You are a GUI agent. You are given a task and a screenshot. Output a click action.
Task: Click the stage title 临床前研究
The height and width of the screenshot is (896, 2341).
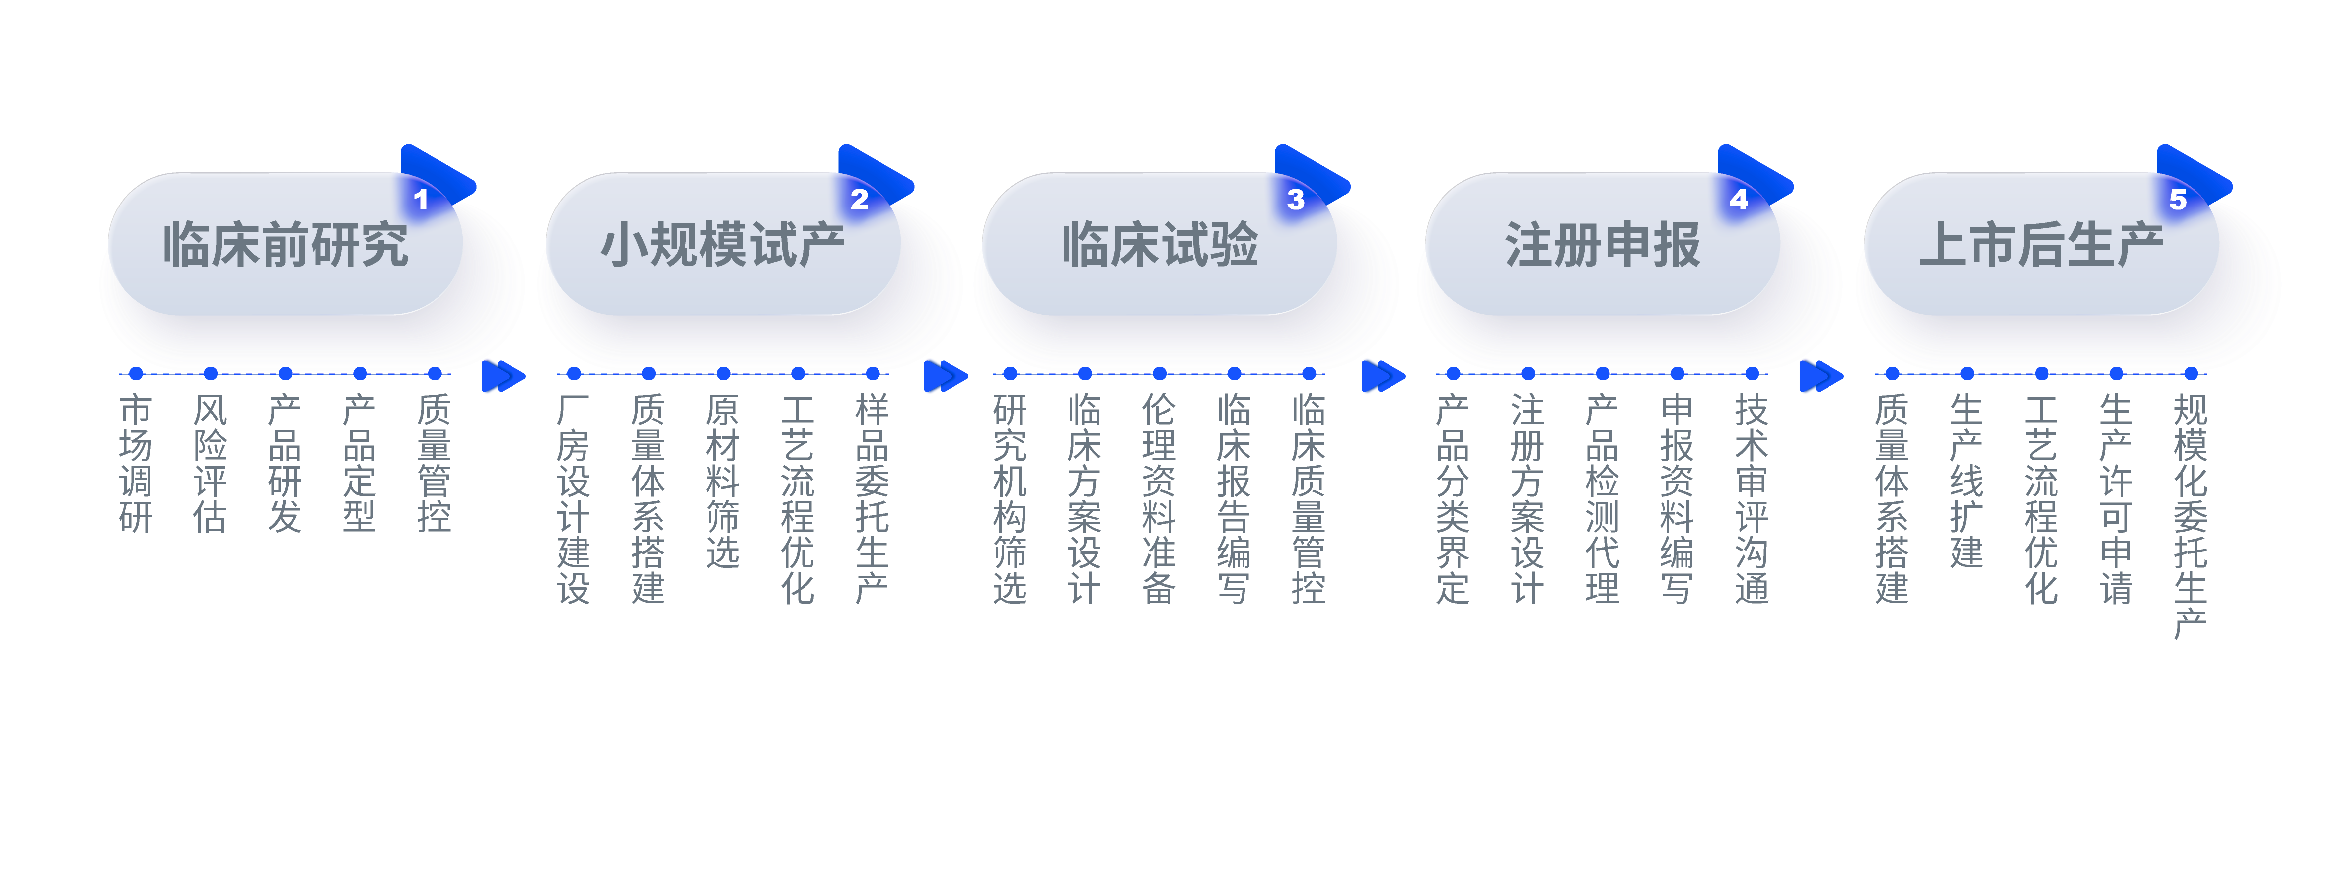(x=286, y=245)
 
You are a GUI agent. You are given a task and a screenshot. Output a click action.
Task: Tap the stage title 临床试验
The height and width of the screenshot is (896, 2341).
(x=1160, y=245)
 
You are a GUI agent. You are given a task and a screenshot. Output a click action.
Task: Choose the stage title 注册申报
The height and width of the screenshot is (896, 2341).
(x=1602, y=245)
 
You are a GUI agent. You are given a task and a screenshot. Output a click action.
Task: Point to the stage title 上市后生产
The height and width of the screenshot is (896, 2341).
(x=2040, y=245)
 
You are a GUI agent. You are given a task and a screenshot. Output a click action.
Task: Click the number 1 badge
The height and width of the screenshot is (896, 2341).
(x=421, y=199)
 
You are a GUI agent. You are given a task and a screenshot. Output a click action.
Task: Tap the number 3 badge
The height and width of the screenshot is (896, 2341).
(x=1296, y=199)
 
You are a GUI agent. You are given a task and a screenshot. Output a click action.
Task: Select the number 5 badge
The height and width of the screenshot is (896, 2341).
(x=2178, y=199)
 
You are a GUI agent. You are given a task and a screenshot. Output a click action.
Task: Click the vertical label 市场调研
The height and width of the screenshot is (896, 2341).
(x=136, y=464)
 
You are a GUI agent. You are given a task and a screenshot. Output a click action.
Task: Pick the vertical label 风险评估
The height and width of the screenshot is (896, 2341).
(x=210, y=464)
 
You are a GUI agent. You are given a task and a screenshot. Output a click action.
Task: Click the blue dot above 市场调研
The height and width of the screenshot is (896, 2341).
(x=136, y=373)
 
